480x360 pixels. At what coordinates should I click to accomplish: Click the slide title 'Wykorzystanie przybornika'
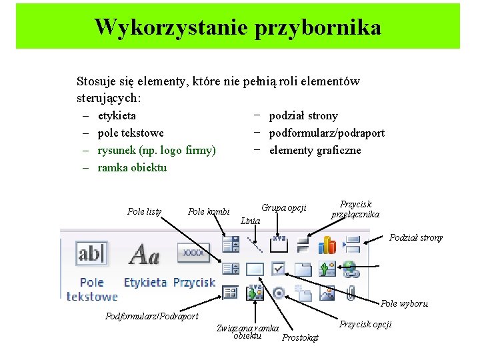pyautogui.click(x=238, y=27)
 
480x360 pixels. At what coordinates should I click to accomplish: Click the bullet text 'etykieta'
pyautogui.click(x=117, y=115)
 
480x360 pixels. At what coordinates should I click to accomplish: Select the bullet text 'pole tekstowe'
pyautogui.click(x=131, y=133)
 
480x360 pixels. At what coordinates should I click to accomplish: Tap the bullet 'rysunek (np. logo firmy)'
pyautogui.click(x=157, y=150)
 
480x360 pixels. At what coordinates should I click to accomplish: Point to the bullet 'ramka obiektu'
pyautogui.click(x=132, y=167)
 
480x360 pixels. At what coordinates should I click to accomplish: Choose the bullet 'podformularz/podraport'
pyautogui.click(x=327, y=133)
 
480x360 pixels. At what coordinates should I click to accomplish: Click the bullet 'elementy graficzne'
pyautogui.click(x=315, y=150)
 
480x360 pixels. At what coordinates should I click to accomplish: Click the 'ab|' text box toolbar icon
pyautogui.click(x=91, y=253)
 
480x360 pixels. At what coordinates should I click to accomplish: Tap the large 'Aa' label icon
pyautogui.click(x=144, y=254)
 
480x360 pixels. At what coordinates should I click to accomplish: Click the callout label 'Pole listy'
pyautogui.click(x=144, y=211)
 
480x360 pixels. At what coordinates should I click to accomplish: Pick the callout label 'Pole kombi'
pyautogui.click(x=209, y=211)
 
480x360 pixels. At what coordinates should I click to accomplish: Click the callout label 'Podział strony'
pyautogui.click(x=416, y=237)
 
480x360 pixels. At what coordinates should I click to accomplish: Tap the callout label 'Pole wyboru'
pyautogui.click(x=404, y=304)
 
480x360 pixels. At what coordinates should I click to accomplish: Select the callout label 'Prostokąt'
pyautogui.click(x=301, y=338)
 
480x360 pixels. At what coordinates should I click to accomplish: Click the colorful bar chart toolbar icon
pyautogui.click(x=327, y=245)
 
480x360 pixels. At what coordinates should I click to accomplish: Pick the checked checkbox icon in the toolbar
pyautogui.click(x=279, y=269)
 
